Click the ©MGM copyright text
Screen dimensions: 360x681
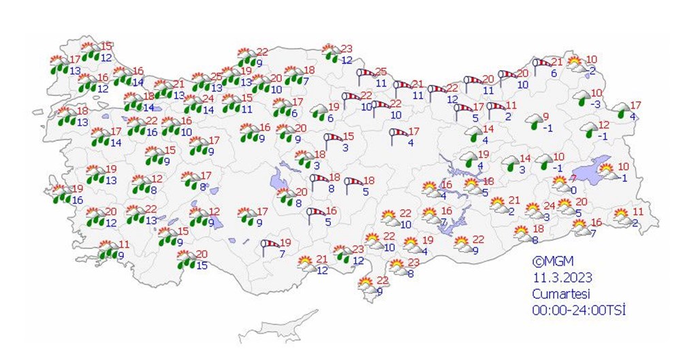pos(554,261)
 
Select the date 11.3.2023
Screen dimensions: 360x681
pos(562,278)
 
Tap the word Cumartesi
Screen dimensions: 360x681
pos(560,293)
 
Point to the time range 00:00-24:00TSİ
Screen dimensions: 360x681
pos(579,310)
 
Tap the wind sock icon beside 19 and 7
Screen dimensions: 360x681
pos(270,246)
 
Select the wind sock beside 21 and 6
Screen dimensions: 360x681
pos(541,65)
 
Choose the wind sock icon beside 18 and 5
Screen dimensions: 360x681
pos(353,183)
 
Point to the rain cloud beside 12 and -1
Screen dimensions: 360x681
pos(587,129)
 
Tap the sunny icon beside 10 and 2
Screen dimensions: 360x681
pos(576,63)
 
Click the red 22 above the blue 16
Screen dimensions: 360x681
pos(152,120)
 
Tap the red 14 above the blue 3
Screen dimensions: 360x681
pos(524,159)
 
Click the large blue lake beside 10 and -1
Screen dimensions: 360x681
pos(586,170)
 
